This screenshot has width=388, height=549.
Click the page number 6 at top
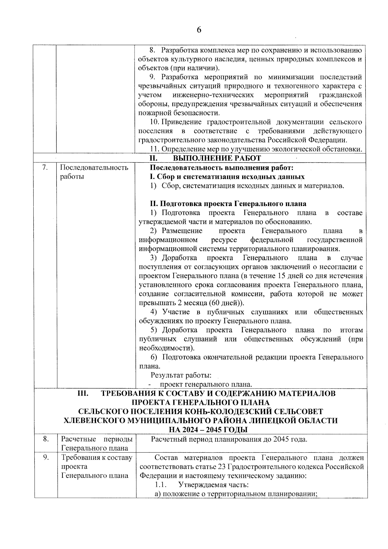(199, 30)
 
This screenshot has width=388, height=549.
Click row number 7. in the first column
(45, 168)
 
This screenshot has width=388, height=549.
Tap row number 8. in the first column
(46, 439)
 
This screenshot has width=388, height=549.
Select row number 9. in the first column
(46, 457)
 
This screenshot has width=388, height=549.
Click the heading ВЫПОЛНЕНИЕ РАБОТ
(217, 158)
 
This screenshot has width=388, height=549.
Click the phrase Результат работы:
(181, 375)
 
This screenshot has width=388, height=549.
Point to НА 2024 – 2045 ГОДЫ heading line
(209, 430)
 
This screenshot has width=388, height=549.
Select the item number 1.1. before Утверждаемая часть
(161, 485)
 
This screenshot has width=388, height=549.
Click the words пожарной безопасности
(179, 113)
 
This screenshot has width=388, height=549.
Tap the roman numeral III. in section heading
(83, 393)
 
